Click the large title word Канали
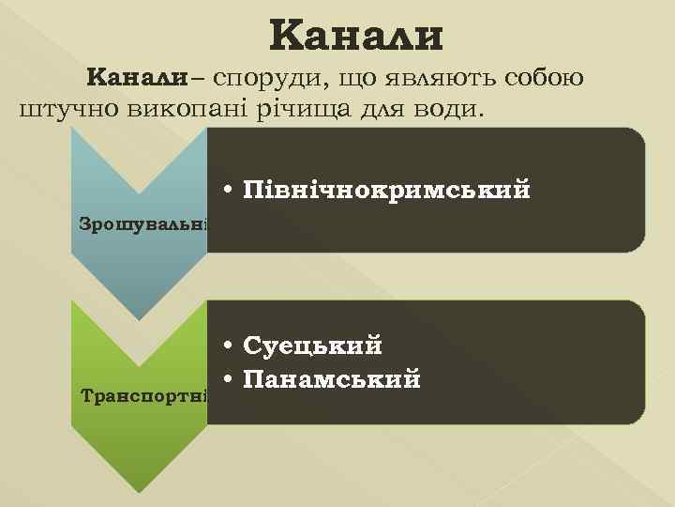click(355, 37)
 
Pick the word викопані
click(165, 110)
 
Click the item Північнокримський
click(386, 190)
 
